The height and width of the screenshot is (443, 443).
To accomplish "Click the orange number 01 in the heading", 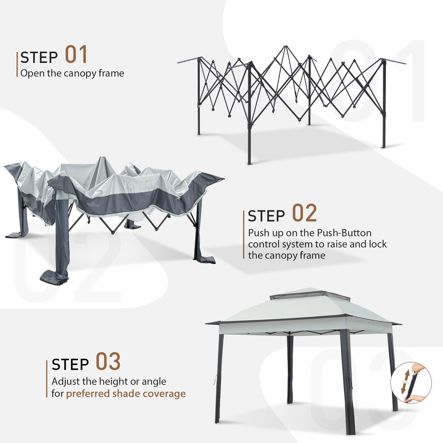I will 76,55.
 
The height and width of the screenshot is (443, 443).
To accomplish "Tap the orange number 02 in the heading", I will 304,213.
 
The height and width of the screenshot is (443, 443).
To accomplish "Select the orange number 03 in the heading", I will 108,361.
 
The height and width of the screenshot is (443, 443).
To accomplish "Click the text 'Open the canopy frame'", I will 72,73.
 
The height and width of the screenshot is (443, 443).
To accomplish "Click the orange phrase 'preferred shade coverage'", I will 126,394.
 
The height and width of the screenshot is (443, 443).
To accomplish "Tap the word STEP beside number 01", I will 39,57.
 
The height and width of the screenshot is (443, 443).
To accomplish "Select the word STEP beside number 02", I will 267,216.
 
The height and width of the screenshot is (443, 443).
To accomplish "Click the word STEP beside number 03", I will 71,364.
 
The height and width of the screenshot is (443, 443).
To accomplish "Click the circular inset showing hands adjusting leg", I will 411,382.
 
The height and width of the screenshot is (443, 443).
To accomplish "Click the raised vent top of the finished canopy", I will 310,295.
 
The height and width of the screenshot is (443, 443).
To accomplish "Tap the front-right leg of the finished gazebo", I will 347,381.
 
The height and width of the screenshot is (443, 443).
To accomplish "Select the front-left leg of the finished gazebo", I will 219,377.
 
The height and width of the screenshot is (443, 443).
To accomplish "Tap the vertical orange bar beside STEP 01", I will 17,64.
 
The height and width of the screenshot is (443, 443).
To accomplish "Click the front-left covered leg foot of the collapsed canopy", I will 55,277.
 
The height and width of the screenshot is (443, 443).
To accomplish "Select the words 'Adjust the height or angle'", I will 109,381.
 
